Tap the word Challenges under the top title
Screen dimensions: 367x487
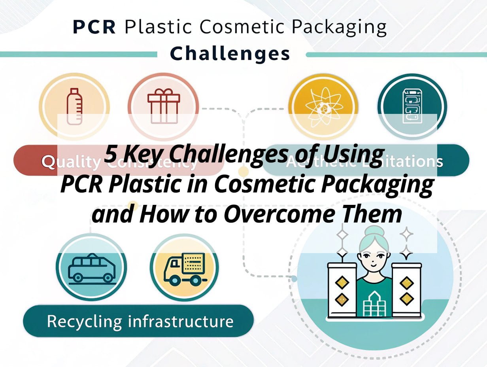pos(230,53)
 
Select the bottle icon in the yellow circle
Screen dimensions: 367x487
pos(74,107)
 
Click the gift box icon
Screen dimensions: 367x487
pos(163,107)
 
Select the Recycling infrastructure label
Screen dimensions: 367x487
pos(140,321)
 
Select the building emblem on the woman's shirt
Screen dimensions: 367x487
pos(374,305)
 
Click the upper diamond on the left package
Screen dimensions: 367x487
pos(342,282)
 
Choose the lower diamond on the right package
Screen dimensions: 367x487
pos(406,299)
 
